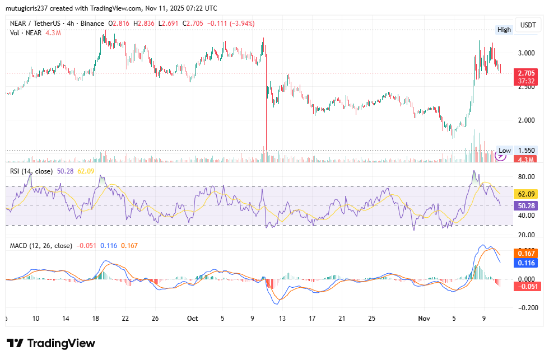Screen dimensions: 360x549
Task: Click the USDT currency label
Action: click(x=528, y=25)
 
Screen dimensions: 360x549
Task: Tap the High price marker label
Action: click(x=504, y=30)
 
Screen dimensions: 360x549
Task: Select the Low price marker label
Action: click(x=505, y=151)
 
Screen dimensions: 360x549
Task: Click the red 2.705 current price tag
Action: click(x=526, y=73)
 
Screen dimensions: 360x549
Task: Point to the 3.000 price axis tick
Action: click(x=527, y=53)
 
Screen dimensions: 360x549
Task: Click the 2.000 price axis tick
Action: click(x=527, y=120)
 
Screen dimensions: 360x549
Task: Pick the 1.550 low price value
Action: click(x=527, y=151)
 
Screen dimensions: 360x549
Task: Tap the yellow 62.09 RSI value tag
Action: click(x=526, y=194)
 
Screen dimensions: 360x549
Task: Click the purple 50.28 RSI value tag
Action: click(x=526, y=205)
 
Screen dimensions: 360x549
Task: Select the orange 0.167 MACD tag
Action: click(x=527, y=254)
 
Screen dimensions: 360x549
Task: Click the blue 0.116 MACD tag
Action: click(x=527, y=263)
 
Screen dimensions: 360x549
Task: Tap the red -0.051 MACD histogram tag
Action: click(x=526, y=287)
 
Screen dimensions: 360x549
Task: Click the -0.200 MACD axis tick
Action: click(x=526, y=307)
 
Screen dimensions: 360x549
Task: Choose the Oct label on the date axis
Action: click(x=192, y=319)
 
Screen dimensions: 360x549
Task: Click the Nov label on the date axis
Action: click(x=425, y=319)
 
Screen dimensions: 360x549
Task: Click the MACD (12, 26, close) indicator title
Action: click(x=41, y=245)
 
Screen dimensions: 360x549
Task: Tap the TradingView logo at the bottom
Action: click(x=51, y=343)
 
